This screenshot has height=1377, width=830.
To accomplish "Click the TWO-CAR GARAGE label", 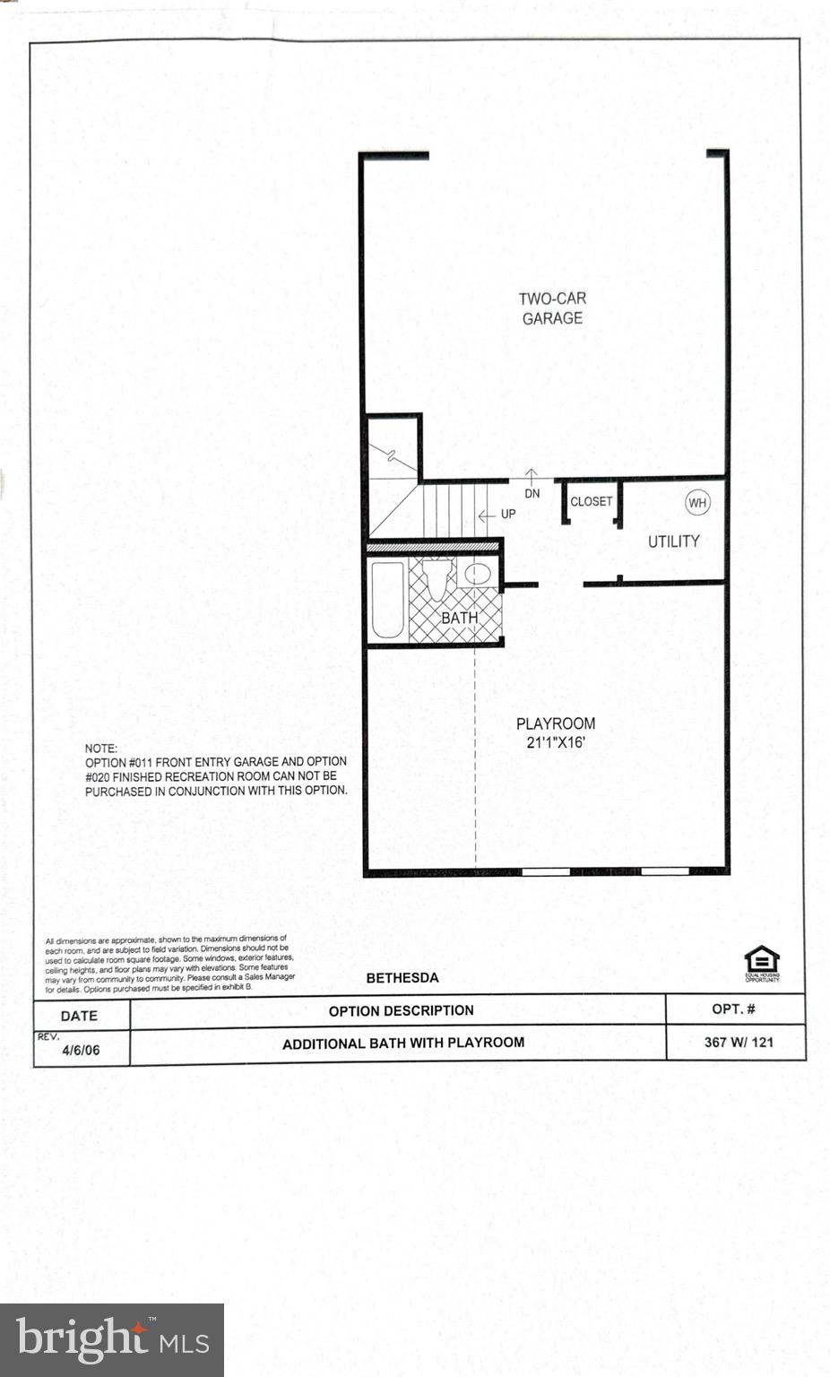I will pos(552,308).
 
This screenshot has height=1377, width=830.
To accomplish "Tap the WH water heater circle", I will pos(697,503).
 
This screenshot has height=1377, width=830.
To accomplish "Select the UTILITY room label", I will pos(673,541).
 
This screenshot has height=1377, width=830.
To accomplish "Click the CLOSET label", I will pos(591,502).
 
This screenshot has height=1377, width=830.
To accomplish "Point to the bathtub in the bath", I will pos(387,600).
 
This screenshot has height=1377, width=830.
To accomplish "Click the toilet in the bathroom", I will pos(437,578).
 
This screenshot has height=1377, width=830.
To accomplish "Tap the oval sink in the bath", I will pos(477,575).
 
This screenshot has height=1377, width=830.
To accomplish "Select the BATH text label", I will pos(459,619).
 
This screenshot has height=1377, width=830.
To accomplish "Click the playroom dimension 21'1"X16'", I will pos(556,742).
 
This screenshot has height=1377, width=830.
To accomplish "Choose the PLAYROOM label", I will pos(556,723).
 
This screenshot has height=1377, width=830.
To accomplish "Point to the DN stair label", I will pos(532,494).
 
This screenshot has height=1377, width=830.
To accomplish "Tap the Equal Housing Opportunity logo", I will pos(761,964).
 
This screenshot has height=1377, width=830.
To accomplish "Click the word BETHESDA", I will pos(402,978).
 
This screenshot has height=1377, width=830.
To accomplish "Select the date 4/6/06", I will pos(81,1050).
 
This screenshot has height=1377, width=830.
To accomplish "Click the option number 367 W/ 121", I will pos(739,1042).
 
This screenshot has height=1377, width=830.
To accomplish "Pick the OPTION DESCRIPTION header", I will pos(401,1010).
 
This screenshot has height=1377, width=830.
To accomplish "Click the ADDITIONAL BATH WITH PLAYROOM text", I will pos(403,1044).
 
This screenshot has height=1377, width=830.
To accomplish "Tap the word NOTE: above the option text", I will pos(100,748).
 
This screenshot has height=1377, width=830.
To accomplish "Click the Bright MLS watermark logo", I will pos(112,1339).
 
